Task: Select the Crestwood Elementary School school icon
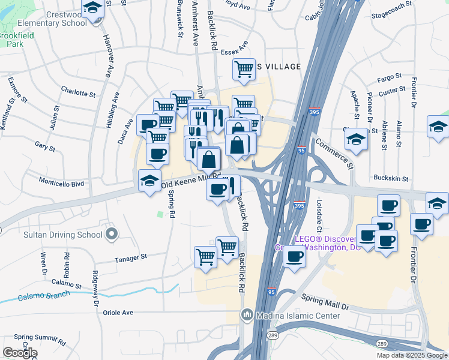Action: [93, 9]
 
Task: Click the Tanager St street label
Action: [131, 257]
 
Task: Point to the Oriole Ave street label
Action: [119, 313]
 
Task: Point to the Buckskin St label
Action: [391, 179]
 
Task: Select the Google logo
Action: [20, 353]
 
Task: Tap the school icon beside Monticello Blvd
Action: [149, 180]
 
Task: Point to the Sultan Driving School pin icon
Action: [110, 233]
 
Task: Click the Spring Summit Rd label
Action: [40, 337]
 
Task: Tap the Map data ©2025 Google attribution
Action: [411, 355]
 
